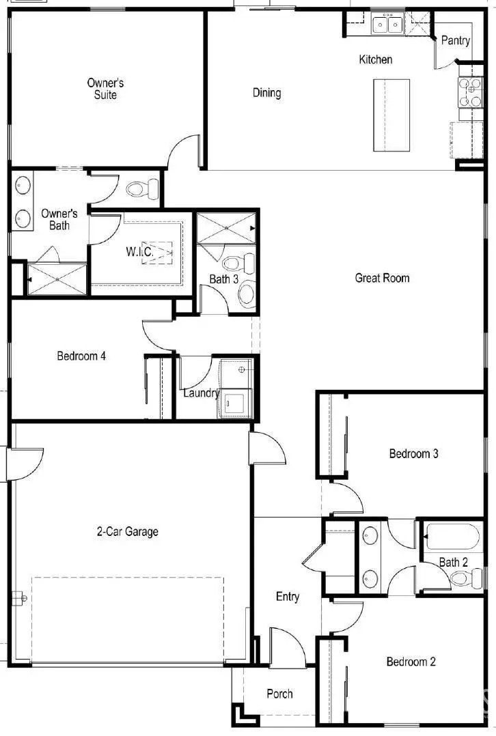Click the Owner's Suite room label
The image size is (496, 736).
105,89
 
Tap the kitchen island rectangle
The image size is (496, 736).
391,115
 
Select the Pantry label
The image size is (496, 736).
455,41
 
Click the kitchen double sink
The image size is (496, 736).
387,25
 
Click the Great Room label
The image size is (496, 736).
382,278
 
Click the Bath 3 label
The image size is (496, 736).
223,279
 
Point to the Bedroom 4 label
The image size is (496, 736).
81,356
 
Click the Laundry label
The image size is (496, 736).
201,393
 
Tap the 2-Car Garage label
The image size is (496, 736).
127,531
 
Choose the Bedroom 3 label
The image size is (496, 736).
413,453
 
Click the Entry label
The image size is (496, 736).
287,597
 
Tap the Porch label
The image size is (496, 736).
279,694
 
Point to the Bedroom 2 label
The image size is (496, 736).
411,662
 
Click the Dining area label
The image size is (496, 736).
266,93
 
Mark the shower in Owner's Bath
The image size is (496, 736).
57,279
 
